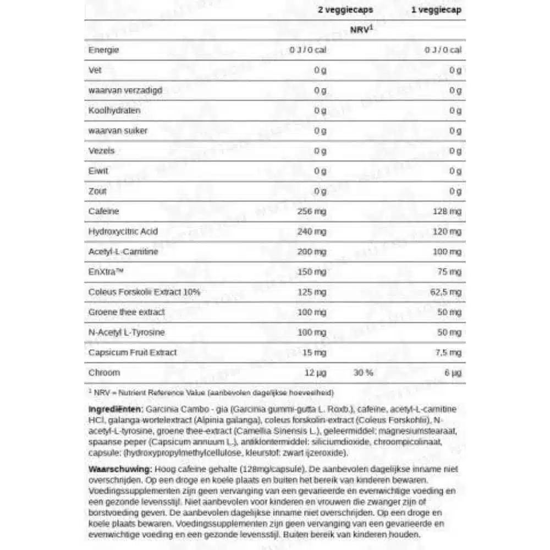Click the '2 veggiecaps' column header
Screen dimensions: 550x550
click(x=345, y=10)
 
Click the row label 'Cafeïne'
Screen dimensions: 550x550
click(x=103, y=211)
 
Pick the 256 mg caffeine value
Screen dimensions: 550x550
click(x=312, y=211)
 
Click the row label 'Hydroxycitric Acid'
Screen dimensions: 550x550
click(x=123, y=232)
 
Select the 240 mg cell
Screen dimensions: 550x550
click(x=312, y=232)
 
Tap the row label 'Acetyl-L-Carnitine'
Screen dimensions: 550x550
click(x=123, y=252)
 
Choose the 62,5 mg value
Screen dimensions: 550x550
click(x=445, y=292)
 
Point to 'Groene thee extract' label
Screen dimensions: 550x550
click(x=126, y=312)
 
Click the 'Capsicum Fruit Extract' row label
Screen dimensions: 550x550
click(x=133, y=352)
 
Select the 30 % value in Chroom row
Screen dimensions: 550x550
click(x=363, y=372)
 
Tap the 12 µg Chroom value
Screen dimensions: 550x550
click(x=315, y=372)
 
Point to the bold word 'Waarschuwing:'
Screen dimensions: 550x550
click(x=120, y=469)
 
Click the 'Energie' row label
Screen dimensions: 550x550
click(x=103, y=50)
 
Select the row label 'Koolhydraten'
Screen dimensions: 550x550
click(x=114, y=111)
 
